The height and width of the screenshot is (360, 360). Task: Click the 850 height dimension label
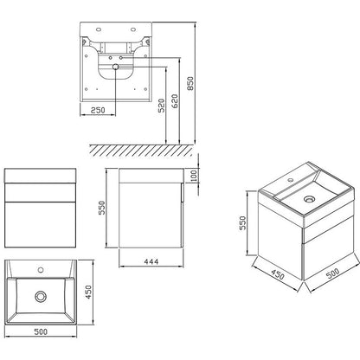click(190, 83)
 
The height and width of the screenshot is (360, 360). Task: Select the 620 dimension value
click(175, 101)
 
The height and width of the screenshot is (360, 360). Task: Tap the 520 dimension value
click(162, 106)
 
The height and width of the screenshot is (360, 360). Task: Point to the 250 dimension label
click(98, 110)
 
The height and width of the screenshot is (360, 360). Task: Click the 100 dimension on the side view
click(194, 176)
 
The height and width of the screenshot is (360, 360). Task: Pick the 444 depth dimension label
click(151, 261)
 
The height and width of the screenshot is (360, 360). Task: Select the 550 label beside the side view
click(102, 208)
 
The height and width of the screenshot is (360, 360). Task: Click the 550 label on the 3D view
click(242, 223)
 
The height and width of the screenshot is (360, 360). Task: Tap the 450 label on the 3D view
click(277, 275)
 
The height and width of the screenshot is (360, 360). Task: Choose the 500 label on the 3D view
click(332, 273)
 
